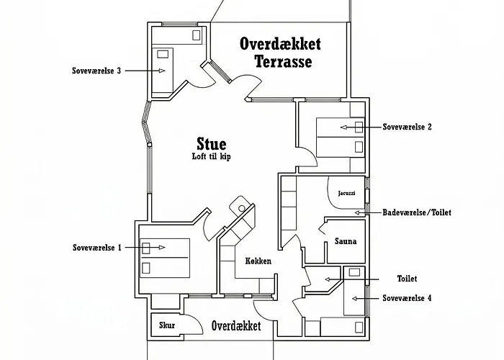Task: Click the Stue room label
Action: tap(212, 144)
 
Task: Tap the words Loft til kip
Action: tap(212, 156)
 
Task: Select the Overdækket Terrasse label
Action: tap(280, 53)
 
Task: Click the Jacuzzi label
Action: tap(346, 193)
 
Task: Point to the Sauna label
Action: tap(346, 241)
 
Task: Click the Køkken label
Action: tap(258, 261)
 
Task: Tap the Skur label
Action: tap(167, 325)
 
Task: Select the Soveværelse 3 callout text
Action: tap(96, 71)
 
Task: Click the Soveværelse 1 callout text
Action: tap(97, 248)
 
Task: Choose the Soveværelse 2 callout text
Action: tap(407, 127)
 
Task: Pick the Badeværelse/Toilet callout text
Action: tap(417, 212)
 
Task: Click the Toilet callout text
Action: tap(408, 279)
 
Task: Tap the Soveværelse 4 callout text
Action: tap(407, 298)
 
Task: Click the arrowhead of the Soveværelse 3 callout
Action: tap(162, 71)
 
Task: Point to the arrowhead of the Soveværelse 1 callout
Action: tap(162, 247)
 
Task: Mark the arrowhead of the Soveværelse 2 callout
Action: tap(343, 127)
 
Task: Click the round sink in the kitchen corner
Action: tap(242, 208)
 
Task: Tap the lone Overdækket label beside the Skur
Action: tap(236, 326)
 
